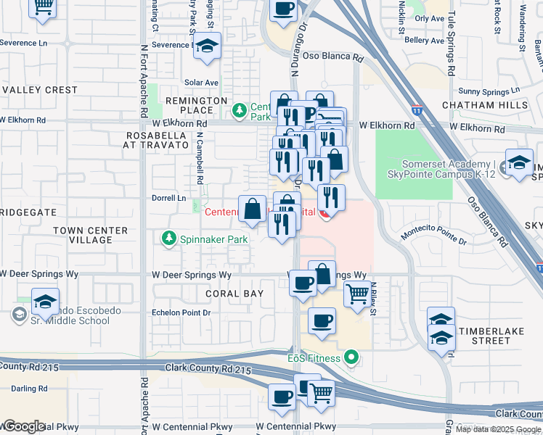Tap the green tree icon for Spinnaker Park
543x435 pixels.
(x=168, y=238)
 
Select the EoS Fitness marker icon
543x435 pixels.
(x=352, y=357)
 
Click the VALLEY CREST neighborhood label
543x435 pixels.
(x=40, y=90)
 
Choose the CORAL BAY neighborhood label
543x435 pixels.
(x=234, y=294)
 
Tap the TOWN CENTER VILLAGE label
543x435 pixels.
(x=91, y=235)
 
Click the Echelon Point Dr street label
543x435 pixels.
(x=180, y=312)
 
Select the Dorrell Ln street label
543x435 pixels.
(x=169, y=197)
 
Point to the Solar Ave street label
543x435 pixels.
(x=201, y=83)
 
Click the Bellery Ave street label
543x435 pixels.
(x=423, y=41)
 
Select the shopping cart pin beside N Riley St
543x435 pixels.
(x=356, y=296)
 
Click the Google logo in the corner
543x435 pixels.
(x=23, y=426)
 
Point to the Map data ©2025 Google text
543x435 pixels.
(x=498, y=429)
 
